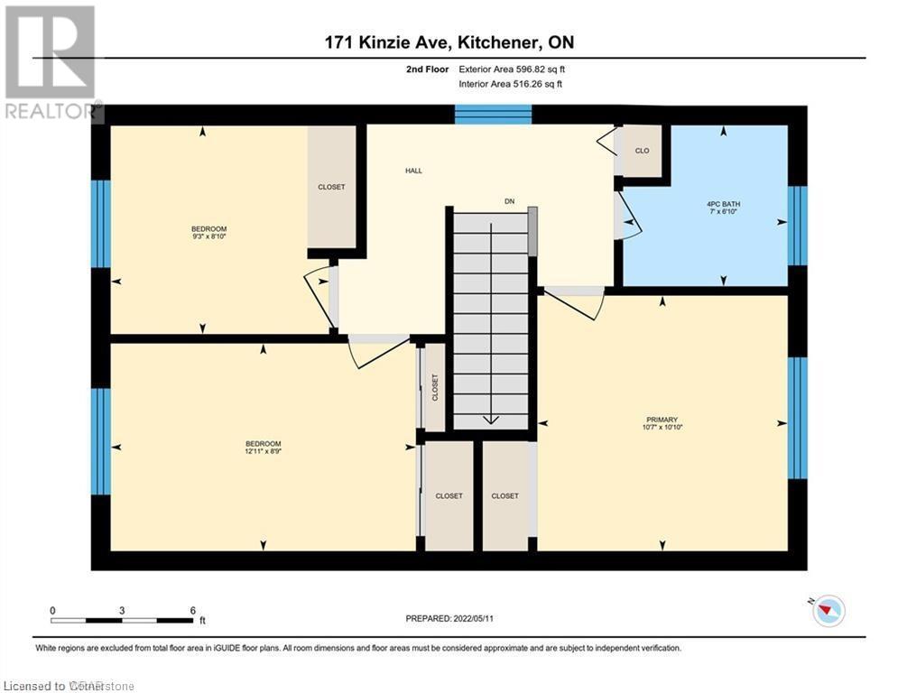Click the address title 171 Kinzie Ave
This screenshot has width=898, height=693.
click(449, 42)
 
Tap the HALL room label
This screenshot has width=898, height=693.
click(413, 171)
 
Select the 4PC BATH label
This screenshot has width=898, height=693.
click(723, 204)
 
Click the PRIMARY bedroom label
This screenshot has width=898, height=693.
click(662, 420)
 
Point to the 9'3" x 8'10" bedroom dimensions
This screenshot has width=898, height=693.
click(208, 237)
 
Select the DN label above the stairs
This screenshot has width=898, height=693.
click(509, 201)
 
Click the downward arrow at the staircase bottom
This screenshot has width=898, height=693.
click(490, 419)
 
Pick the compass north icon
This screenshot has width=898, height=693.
click(827, 611)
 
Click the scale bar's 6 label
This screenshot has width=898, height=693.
click(192, 610)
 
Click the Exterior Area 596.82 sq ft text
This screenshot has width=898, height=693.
click(511, 69)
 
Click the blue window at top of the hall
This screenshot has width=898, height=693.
click(493, 114)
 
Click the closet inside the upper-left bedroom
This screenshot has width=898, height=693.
click(331, 187)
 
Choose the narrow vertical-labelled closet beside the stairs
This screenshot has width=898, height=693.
click(435, 388)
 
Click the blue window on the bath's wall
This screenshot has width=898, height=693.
click(797, 226)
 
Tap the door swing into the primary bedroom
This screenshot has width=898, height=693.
click(578, 302)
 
